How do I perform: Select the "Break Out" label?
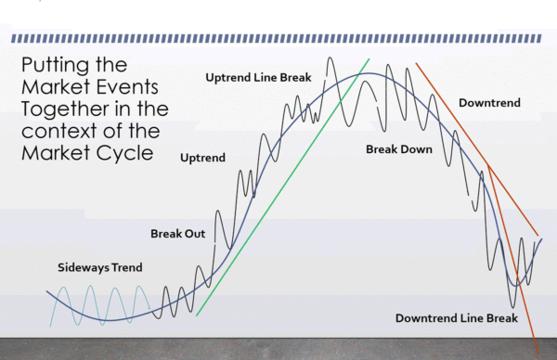177,234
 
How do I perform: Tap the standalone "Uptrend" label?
203,159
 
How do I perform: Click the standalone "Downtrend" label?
488,103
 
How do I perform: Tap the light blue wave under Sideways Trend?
93,302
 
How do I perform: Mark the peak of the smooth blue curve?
356,74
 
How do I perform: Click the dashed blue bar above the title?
278,39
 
